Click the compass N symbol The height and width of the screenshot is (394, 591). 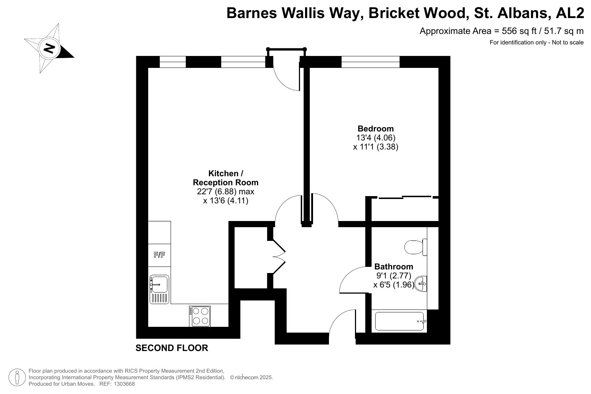49,48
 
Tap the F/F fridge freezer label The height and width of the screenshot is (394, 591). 159,255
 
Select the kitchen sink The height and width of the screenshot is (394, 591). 159,289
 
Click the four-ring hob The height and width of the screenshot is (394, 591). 200,316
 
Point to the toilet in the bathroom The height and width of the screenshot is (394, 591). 416,247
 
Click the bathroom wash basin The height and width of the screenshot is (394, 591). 420,283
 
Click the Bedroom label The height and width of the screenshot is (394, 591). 376,129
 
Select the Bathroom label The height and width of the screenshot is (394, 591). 394,267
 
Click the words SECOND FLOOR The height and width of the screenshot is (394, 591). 172,348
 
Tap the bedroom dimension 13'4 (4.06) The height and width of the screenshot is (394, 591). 376,138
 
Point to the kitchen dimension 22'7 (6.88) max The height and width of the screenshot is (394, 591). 226,192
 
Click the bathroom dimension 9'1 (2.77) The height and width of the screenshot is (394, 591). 394,276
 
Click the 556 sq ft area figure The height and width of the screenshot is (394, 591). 519,31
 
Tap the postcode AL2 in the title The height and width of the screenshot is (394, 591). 570,13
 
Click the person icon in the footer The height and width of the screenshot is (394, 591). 17,377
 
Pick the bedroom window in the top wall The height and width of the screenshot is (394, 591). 371,62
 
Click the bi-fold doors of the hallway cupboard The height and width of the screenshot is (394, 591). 279,257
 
